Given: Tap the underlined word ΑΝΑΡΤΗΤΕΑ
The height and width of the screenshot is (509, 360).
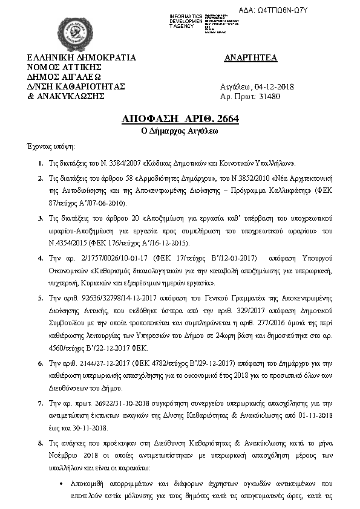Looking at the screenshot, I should tap(250, 58).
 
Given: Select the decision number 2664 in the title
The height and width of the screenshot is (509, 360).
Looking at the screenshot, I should tap(226, 118).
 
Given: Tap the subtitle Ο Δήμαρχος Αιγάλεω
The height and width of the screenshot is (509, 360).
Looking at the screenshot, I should tap(180, 131).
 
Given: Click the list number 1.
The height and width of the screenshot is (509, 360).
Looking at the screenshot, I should tap(40, 163).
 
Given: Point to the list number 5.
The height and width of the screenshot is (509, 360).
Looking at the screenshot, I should tap(40, 298).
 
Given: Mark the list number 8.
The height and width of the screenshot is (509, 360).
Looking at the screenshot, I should tap(40, 443).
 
